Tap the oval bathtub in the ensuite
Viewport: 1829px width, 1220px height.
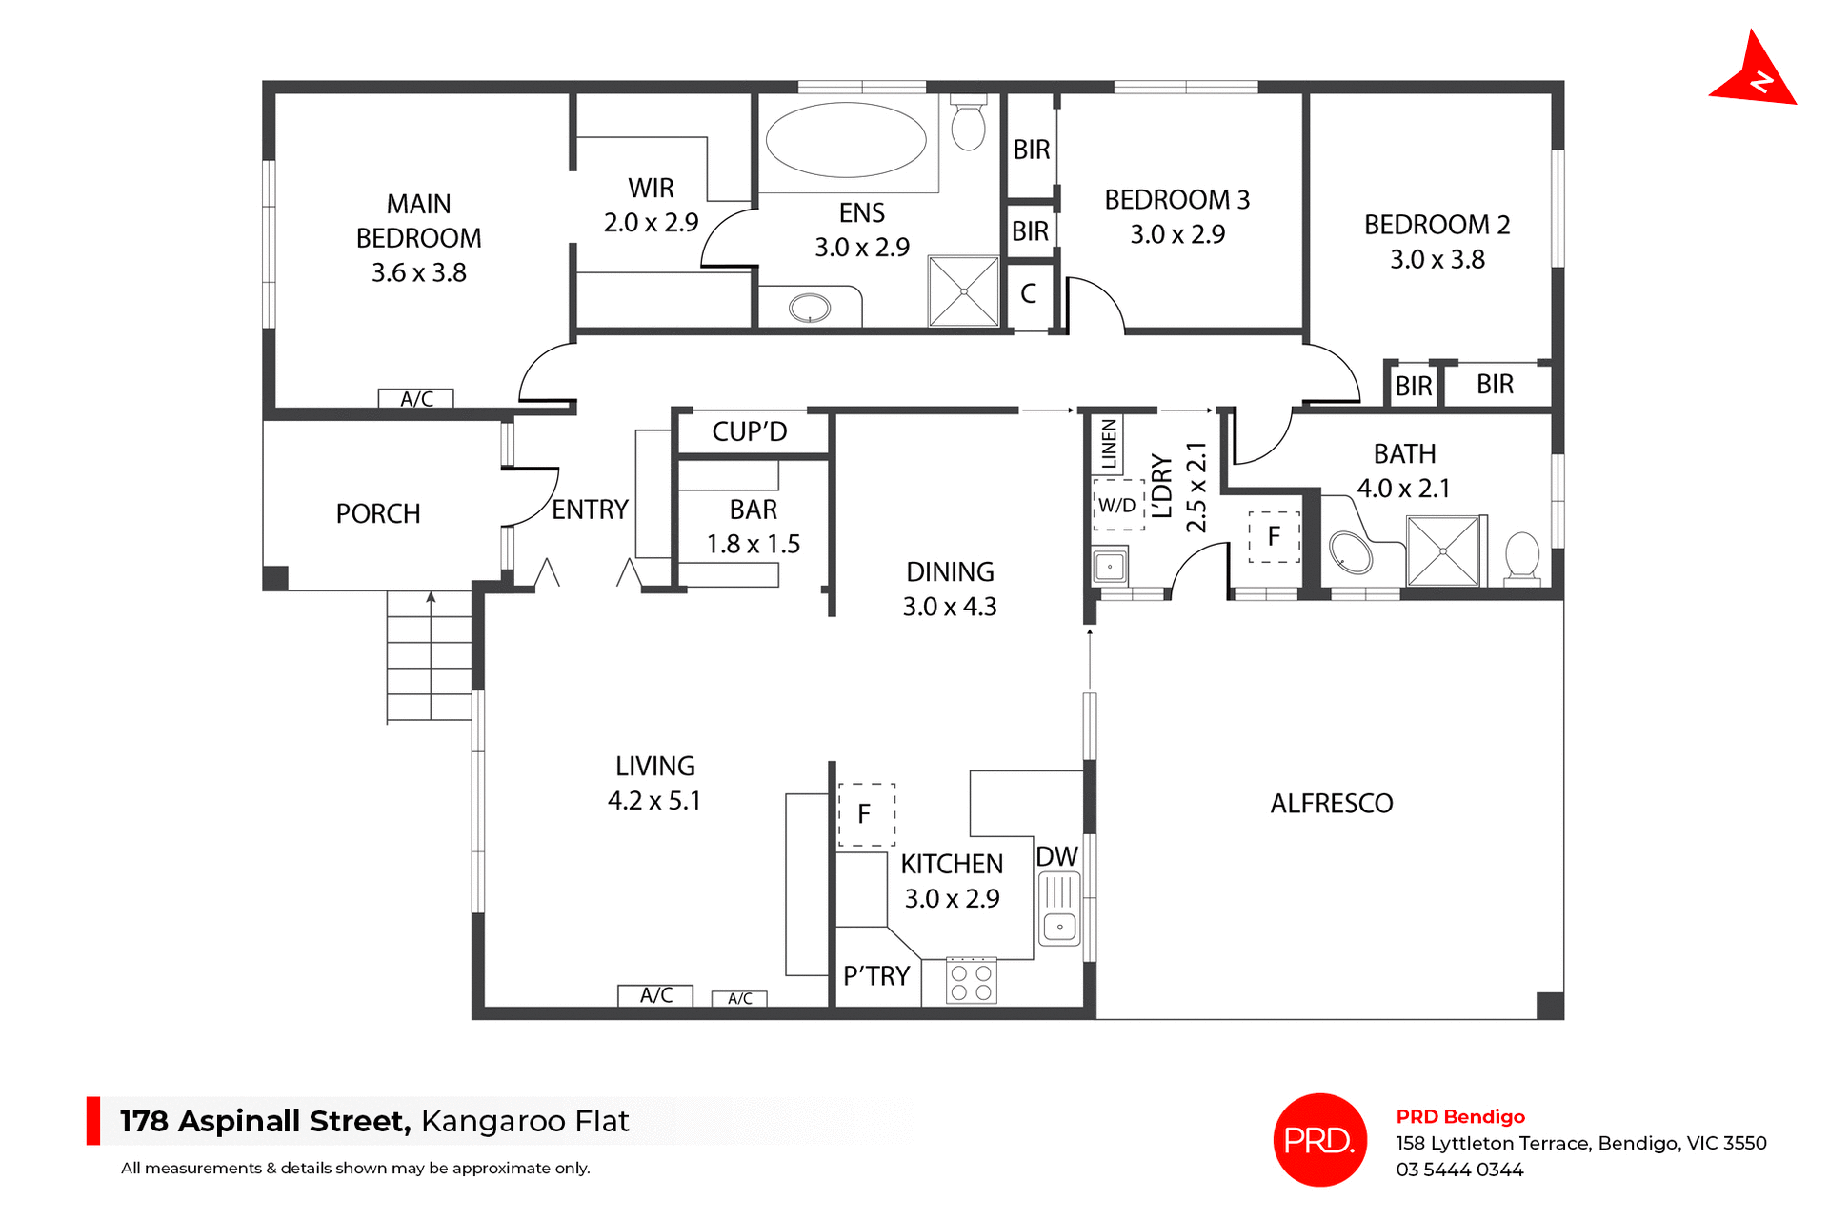point(846,140)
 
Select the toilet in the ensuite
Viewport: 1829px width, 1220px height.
point(969,125)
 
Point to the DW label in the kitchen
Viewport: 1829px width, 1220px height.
point(1056,856)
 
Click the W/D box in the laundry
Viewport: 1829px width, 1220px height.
point(1117,506)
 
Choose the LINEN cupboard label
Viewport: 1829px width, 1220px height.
point(1109,445)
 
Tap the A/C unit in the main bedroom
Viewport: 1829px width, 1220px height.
point(416,399)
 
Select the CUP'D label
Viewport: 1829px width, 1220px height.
point(750,432)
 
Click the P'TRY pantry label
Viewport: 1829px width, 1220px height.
point(876,976)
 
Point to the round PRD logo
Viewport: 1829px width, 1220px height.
point(1319,1139)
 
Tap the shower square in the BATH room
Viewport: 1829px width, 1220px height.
point(1443,551)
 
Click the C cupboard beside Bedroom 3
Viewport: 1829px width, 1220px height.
point(1029,293)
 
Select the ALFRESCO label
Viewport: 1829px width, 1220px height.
point(1331,804)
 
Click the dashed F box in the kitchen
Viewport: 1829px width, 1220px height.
point(866,814)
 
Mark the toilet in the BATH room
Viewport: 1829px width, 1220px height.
point(1521,556)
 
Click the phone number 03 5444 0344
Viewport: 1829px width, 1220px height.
point(1459,1170)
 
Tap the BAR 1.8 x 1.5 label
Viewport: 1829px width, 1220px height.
point(753,527)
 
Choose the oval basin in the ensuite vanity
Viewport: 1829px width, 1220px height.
point(810,308)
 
